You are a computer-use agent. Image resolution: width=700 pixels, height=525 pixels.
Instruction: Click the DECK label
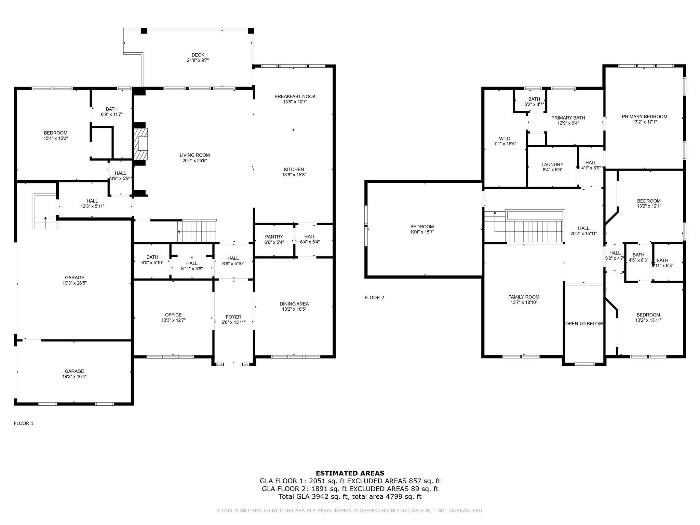pos(198,55)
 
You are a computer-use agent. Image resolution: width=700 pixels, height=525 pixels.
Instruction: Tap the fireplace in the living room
pos(141,144)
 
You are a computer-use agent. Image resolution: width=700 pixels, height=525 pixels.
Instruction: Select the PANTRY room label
pos(274,237)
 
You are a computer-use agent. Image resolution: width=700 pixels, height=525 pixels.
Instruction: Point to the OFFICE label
pos(173,315)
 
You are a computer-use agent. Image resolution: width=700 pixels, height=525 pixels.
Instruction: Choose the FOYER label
pos(233,317)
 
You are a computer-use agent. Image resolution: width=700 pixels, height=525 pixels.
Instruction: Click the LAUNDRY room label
pos(552,164)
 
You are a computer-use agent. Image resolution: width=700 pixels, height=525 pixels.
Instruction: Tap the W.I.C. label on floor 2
pos(505,138)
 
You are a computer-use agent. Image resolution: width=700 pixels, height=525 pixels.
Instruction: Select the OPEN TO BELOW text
pos(584,324)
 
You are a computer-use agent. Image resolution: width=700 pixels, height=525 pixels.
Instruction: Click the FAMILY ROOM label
pos(524,297)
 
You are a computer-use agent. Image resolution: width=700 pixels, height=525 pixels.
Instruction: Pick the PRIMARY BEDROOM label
pos(644,117)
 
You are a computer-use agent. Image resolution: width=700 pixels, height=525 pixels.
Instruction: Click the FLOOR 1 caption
pos(24,423)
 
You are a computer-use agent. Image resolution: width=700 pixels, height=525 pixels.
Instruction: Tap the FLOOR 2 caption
pos(374,297)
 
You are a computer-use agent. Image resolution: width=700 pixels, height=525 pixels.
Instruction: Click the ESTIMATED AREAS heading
pos(350,473)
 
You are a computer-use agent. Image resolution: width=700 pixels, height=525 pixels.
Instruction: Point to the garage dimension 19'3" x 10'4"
pos(74,377)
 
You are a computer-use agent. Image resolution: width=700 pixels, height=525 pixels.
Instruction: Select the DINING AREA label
pos(294,304)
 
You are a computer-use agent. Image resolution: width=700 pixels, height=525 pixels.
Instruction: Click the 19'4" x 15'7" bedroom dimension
pos(422,232)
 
